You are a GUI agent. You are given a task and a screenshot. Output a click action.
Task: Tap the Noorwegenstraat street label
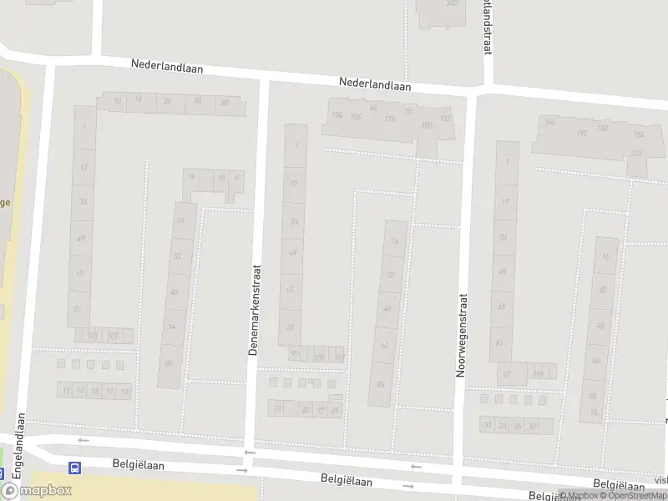pyautogui.click(x=460, y=335)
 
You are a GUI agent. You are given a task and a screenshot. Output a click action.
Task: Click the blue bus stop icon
pyautogui.click(x=74, y=468)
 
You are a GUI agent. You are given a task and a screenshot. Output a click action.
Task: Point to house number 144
pyautogui.click(x=549, y=122)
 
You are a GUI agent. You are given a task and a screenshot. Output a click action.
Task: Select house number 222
pyautogui.click(x=637, y=153)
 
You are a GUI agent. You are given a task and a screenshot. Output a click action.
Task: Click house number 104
pyautogui.click(x=337, y=115)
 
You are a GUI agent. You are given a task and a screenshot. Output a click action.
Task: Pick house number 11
pyautogui.click(x=66, y=391)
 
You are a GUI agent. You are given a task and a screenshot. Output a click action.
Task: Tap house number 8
pyautogui.click(x=237, y=177)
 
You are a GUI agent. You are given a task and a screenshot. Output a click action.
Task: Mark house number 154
pyautogui.click(x=639, y=135)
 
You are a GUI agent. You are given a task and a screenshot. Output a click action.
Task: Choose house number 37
pyautogui.click(x=532, y=426)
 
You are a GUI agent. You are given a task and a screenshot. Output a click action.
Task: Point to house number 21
pyautogui.click(x=278, y=407)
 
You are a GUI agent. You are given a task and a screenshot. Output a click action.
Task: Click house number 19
pyautogui.click(x=125, y=391)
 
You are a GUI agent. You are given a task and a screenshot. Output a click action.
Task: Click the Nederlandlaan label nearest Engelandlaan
pyautogui.click(x=167, y=65)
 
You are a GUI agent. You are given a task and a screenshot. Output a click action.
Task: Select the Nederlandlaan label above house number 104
pyautogui.click(x=376, y=84)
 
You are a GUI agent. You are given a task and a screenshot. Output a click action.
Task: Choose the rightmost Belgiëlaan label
pyautogui.click(x=619, y=484)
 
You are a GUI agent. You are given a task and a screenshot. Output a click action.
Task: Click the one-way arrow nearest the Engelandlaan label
pyautogui.click(x=83, y=440)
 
